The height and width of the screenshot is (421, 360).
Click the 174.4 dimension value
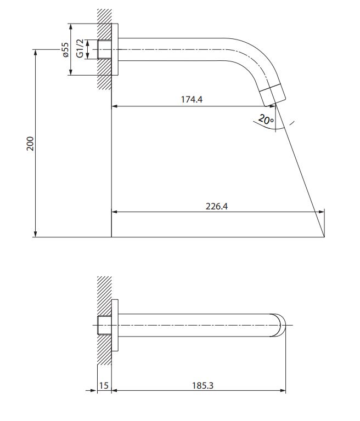point(192,99)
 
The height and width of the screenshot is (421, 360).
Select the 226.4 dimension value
point(217,206)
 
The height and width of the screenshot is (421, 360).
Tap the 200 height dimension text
point(30,144)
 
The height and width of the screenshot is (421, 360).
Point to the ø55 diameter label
point(65,50)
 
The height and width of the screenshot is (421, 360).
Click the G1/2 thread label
point(80,48)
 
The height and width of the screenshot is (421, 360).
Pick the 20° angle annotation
point(266,119)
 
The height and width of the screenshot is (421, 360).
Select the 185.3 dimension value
point(203,385)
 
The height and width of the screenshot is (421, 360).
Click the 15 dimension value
point(104,385)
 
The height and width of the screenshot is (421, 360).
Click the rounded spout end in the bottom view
point(280,325)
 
